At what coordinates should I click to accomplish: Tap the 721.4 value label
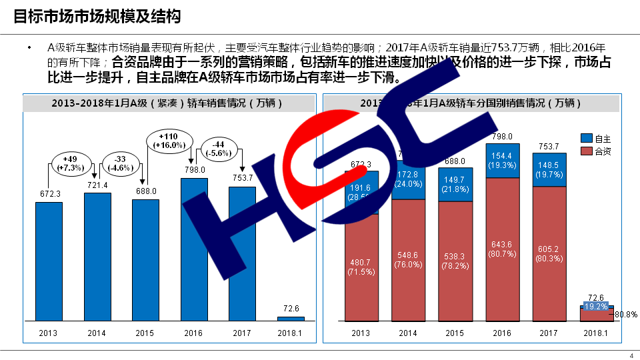click(x=97, y=184)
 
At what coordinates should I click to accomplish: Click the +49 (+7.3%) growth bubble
click(x=70, y=163)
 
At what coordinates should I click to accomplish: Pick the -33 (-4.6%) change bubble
click(x=121, y=163)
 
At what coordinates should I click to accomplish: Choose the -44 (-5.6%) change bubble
click(x=217, y=148)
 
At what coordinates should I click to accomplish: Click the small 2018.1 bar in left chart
click(x=291, y=318)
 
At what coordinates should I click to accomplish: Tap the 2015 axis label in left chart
click(x=145, y=333)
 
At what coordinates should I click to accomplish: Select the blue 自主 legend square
click(x=587, y=139)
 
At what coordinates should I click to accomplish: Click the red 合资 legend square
click(x=587, y=151)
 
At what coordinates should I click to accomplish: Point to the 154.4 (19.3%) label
click(x=502, y=160)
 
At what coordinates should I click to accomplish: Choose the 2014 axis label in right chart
click(x=408, y=333)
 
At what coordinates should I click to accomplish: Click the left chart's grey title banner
click(x=168, y=103)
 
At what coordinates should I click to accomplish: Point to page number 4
click(x=631, y=355)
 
